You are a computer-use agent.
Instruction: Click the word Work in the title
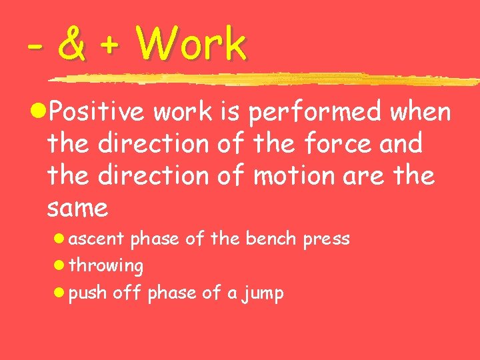pyautogui.click(x=191, y=45)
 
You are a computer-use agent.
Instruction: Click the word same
pyautogui.click(x=77, y=209)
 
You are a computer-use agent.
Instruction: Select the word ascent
pyautogui.click(x=97, y=239)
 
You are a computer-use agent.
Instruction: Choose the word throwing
pyautogui.click(x=106, y=267)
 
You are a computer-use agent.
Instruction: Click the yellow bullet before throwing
pyautogui.click(x=60, y=266)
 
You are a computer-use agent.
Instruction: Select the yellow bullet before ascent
pyautogui.click(x=60, y=239)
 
